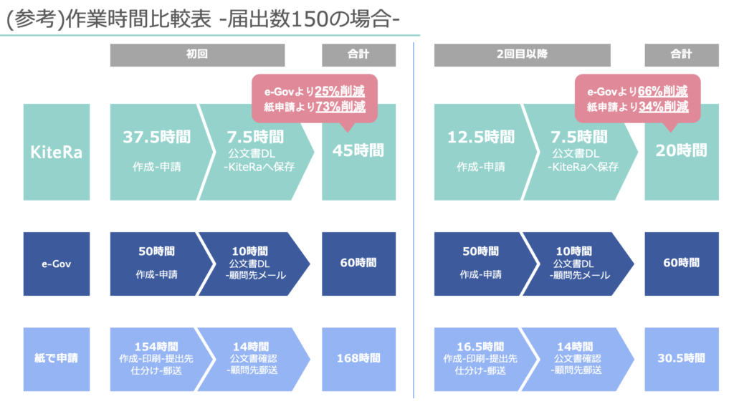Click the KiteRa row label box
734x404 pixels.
tap(57, 152)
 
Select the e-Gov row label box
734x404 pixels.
tap(57, 264)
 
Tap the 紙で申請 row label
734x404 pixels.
tap(57, 359)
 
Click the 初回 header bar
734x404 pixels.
tap(197, 54)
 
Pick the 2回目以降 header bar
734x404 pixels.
tap(522, 54)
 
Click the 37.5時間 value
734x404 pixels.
tap(157, 137)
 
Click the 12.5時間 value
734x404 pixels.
tap(481, 137)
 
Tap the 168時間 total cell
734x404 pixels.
tap(358, 359)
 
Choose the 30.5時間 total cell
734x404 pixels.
tap(682, 359)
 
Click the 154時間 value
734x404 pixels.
tap(156, 347)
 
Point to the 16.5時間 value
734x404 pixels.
tap(480, 347)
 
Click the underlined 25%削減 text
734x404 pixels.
tap(340, 91)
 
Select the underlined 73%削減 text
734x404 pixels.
tap(340, 107)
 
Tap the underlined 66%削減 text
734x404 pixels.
tap(663, 91)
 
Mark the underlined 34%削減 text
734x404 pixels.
tap(663, 107)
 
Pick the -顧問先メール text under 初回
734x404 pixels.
tap(256, 275)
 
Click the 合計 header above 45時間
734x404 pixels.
tap(358, 54)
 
